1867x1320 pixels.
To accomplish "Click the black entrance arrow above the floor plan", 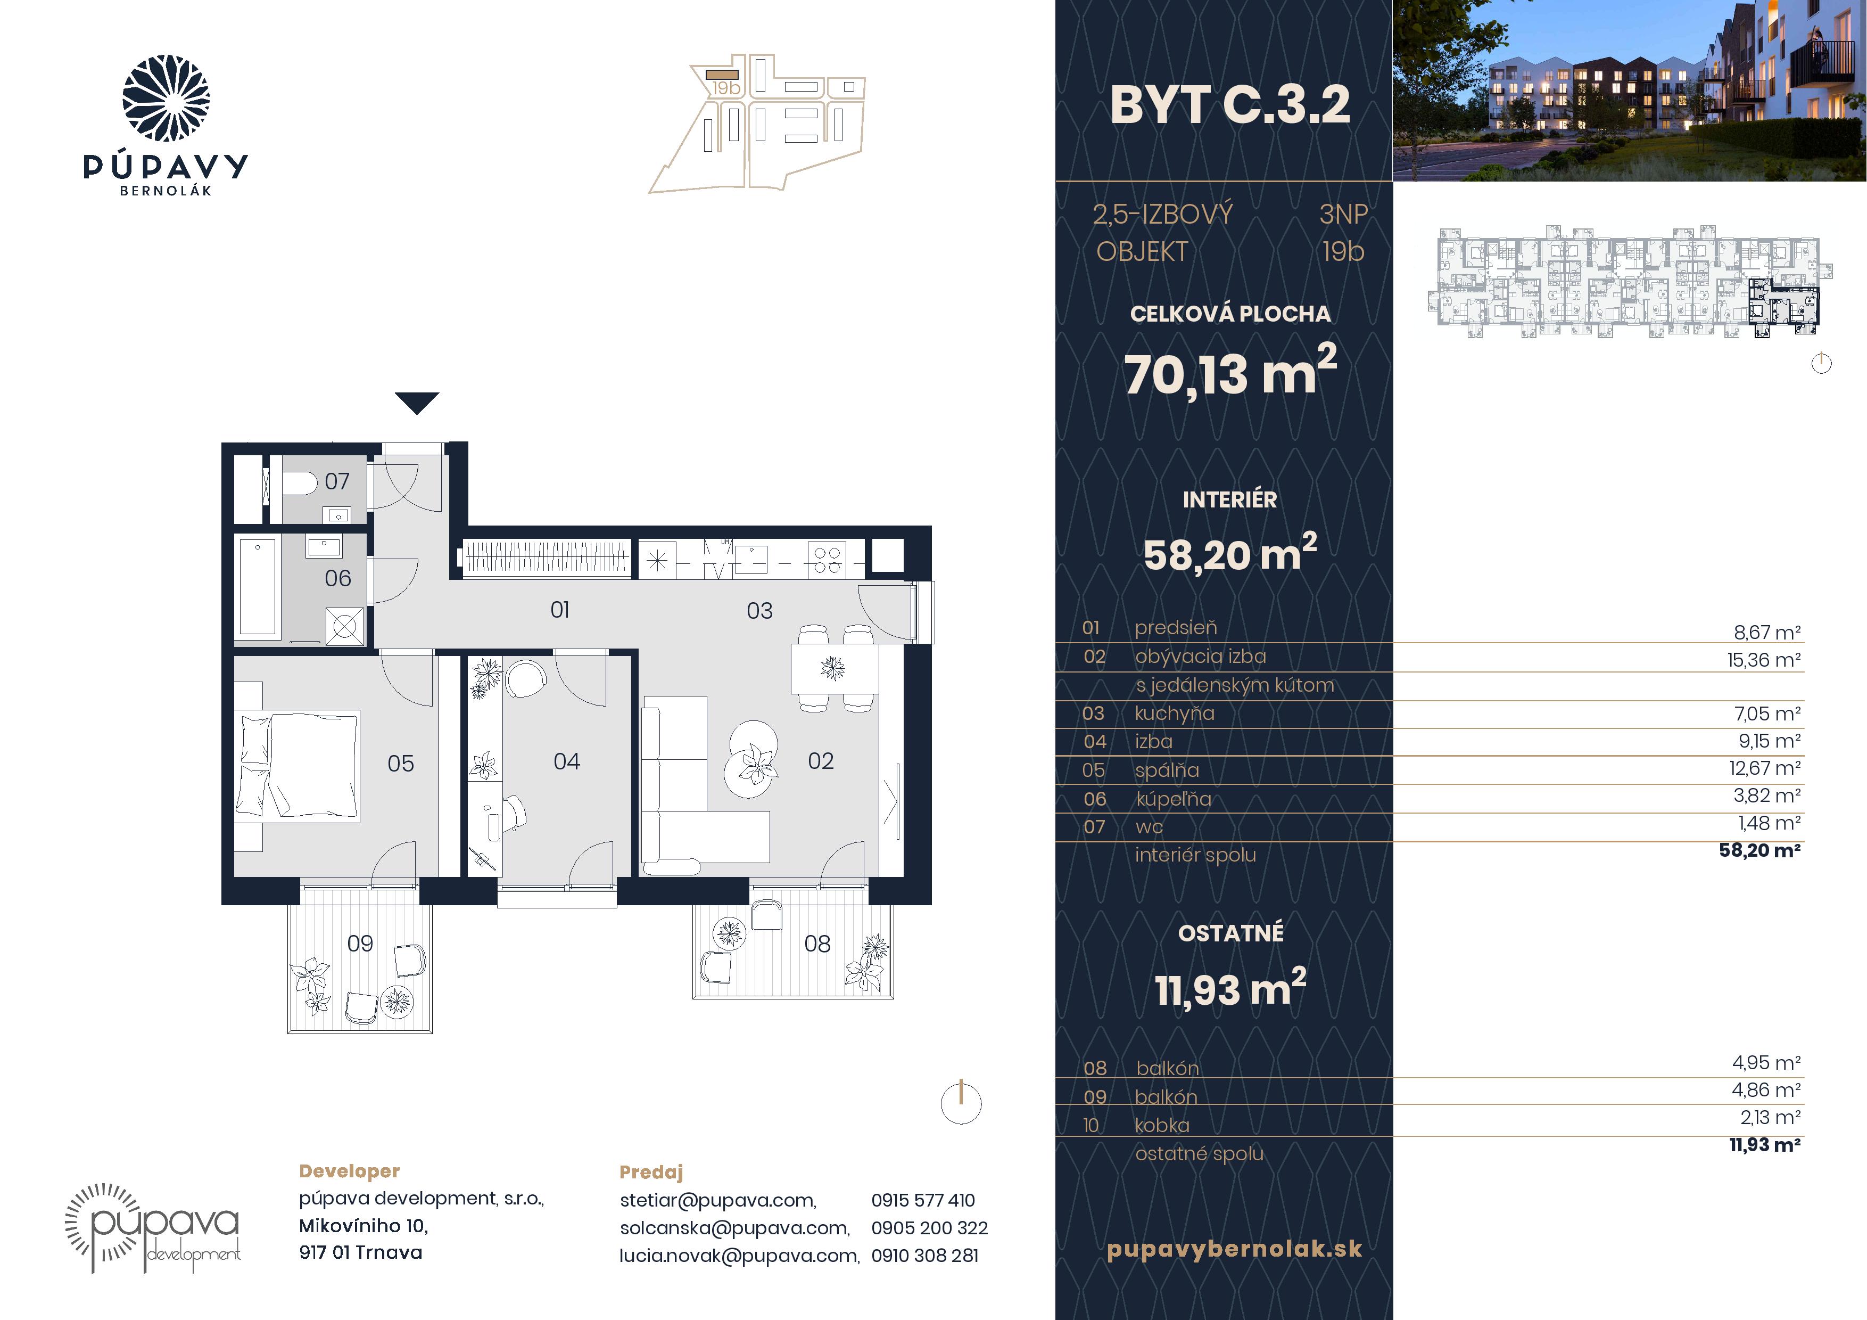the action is (417, 403).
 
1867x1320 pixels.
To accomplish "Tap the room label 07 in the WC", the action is (337, 481).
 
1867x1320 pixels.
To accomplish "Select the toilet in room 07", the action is (300, 484).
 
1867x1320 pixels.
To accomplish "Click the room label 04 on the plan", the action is (567, 761).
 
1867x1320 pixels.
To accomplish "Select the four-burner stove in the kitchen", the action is (826, 560).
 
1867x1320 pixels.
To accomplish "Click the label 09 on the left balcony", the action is (360, 944).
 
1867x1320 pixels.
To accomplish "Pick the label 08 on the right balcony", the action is (817, 944).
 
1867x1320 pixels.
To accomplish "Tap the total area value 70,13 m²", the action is (1230, 372).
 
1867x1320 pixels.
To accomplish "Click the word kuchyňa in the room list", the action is (1174, 714).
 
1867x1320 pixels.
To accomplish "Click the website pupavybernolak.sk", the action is (1234, 1249).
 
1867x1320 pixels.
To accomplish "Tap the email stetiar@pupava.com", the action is (718, 1200).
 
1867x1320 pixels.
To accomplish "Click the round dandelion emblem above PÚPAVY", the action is (166, 99).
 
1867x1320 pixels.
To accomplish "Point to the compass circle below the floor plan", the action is (961, 1104).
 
